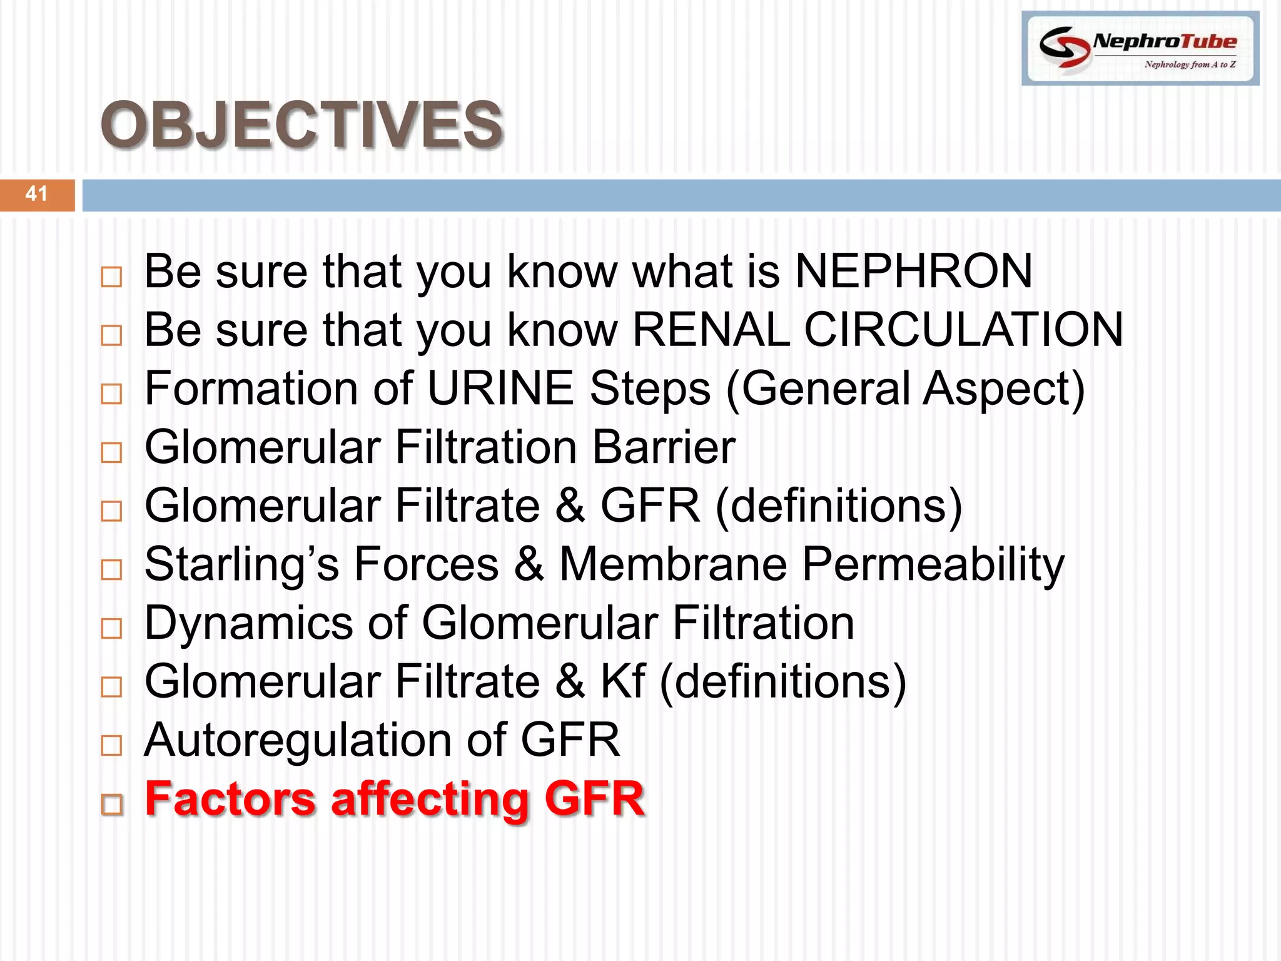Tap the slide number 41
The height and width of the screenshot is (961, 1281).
[x=36, y=194]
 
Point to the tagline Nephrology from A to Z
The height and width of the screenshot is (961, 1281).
[x=1190, y=64]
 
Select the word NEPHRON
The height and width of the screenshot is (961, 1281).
[x=913, y=272]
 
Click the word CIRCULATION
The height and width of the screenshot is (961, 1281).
[x=963, y=330]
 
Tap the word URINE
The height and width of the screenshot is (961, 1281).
[x=500, y=389]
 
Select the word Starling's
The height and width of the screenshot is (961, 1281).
[x=241, y=564]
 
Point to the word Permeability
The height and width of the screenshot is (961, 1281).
[x=933, y=564]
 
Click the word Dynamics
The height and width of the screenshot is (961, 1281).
[x=248, y=623]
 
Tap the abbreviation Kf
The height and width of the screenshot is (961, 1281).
[x=622, y=681]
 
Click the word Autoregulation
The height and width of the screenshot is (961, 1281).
[x=298, y=740]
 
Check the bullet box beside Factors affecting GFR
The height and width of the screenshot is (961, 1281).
[x=112, y=805]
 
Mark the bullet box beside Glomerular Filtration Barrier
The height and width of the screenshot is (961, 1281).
[x=111, y=453]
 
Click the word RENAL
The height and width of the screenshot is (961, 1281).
[x=711, y=330]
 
